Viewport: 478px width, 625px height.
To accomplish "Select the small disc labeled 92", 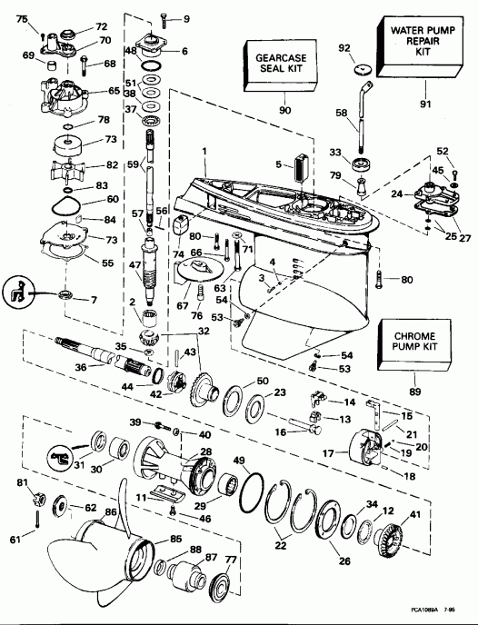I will [357, 68].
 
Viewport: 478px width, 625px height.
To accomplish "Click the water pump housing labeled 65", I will [61, 94].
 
